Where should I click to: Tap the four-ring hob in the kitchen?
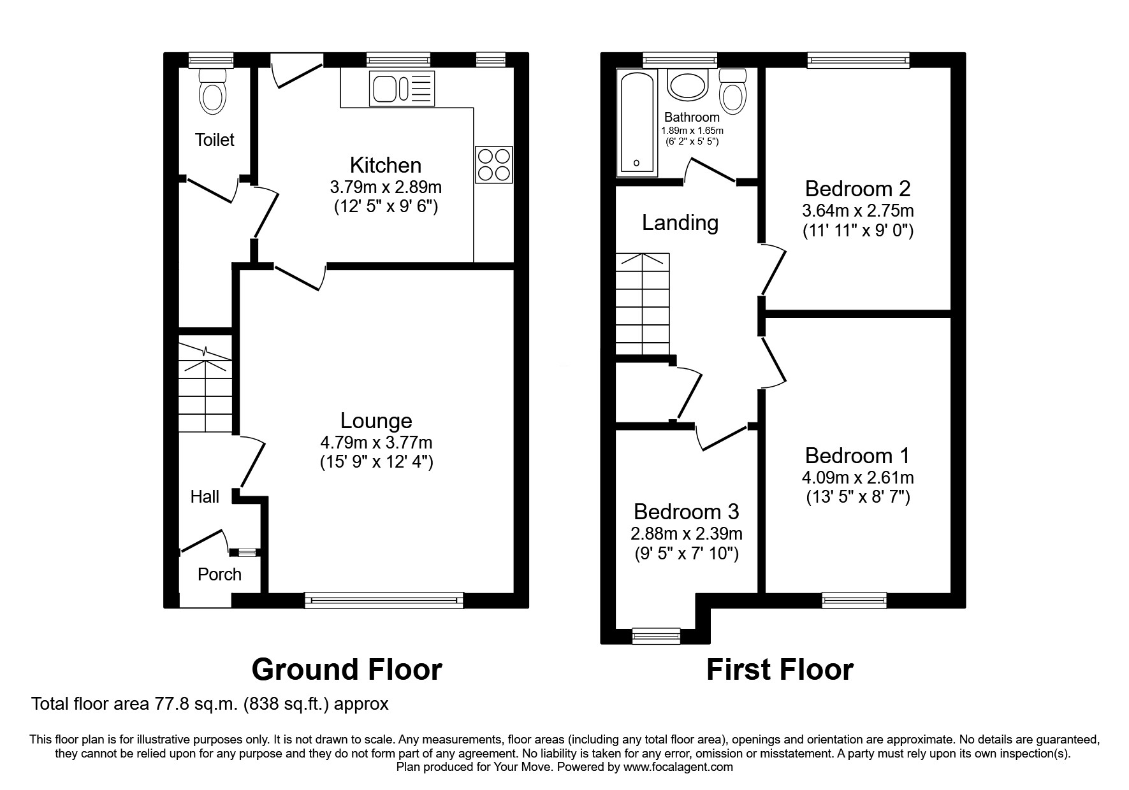point(494,165)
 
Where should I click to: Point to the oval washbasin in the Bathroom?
point(688,85)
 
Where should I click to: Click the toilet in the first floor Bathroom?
point(733,92)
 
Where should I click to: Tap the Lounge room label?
point(376,420)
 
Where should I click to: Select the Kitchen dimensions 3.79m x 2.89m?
point(386,187)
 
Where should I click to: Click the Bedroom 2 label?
point(857,189)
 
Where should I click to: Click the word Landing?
point(680,222)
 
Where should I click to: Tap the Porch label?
point(219,574)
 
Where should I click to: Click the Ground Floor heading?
point(347,670)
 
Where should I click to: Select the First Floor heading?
point(779,670)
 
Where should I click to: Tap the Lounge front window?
point(384,599)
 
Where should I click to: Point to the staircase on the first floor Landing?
point(643,304)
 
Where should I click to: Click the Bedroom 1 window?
point(854,599)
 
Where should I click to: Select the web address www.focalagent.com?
point(678,767)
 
